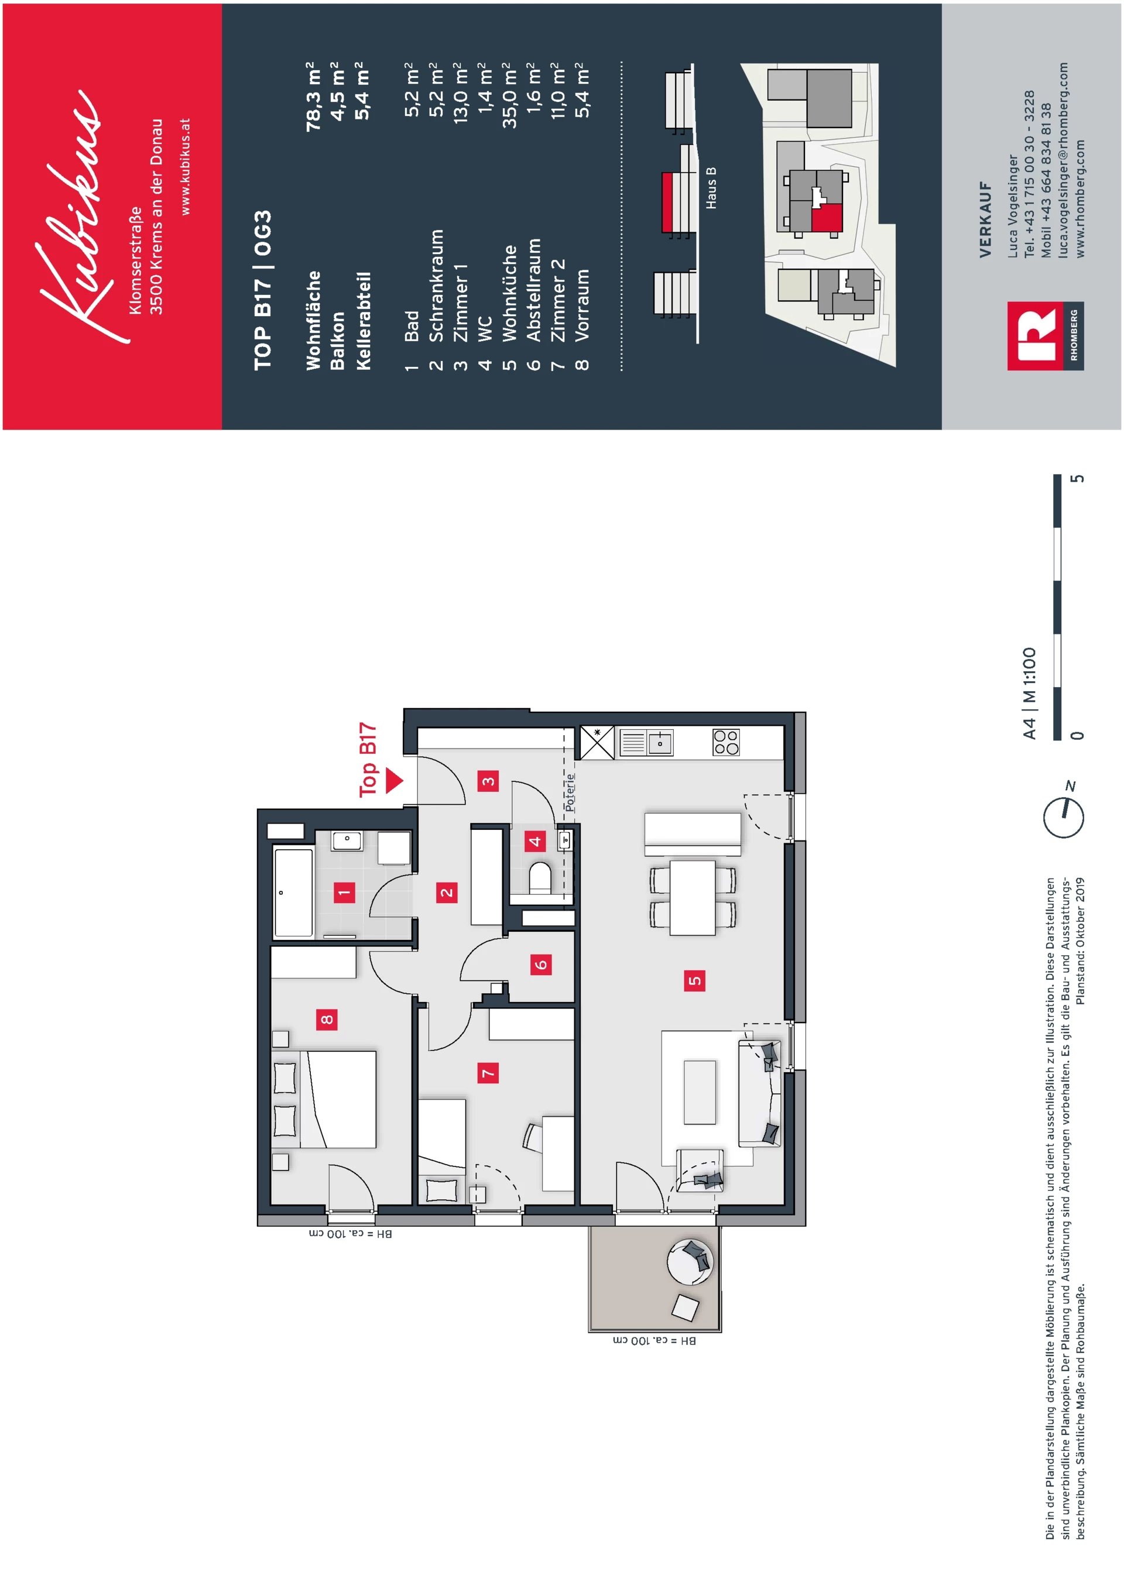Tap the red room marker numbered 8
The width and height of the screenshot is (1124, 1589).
coord(327,1019)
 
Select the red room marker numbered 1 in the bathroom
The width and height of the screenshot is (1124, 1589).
coord(344,893)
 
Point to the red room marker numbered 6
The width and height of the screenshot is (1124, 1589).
coord(540,964)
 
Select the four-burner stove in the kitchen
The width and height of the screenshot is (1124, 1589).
coord(726,742)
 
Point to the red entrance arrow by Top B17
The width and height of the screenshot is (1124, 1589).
coord(395,780)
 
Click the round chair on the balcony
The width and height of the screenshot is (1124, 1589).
coord(690,1262)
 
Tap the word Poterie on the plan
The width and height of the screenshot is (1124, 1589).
coord(570,792)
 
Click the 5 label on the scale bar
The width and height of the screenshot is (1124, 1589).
coord(1077,478)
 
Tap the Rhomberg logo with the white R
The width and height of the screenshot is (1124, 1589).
coord(1046,336)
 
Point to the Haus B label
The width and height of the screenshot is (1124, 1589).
coord(711,188)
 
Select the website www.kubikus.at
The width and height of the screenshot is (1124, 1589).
coord(185,166)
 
